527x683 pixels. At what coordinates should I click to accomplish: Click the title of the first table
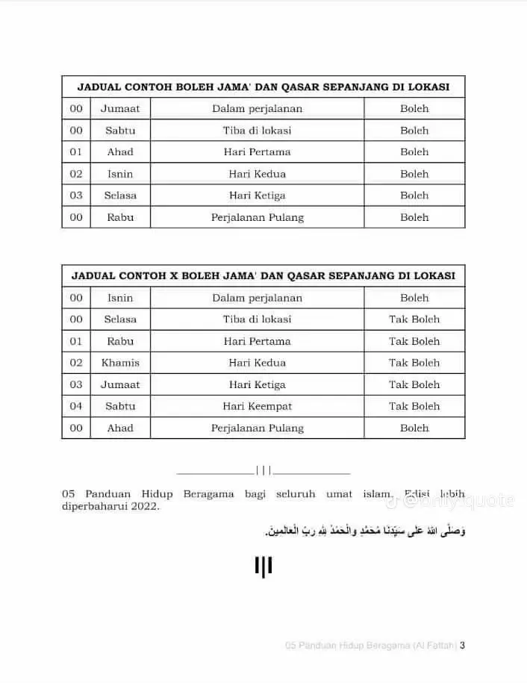(x=263, y=87)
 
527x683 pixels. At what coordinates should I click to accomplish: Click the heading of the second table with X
(x=263, y=275)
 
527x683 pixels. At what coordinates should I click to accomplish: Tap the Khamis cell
(x=120, y=363)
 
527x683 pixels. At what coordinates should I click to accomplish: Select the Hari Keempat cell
(x=257, y=406)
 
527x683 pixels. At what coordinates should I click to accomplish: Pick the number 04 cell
(x=76, y=406)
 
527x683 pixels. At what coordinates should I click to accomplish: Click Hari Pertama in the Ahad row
(x=257, y=152)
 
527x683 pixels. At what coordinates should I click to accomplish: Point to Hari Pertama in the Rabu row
(x=257, y=341)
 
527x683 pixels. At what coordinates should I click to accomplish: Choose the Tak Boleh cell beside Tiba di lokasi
(x=414, y=319)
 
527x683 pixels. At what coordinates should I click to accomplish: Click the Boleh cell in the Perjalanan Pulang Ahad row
(x=414, y=428)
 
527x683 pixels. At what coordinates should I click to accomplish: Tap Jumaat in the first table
(x=120, y=108)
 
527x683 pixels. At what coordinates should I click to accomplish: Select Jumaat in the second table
(x=120, y=384)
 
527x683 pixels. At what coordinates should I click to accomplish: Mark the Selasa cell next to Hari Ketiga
(x=120, y=196)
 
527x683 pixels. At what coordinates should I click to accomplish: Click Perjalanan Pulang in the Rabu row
(x=257, y=217)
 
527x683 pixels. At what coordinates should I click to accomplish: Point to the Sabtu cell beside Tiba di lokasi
(x=120, y=130)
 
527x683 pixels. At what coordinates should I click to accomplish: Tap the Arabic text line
(x=365, y=531)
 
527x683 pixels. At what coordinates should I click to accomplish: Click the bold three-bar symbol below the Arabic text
(x=263, y=567)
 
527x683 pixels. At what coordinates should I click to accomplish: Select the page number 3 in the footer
(x=463, y=646)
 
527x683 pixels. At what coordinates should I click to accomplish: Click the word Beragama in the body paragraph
(x=210, y=493)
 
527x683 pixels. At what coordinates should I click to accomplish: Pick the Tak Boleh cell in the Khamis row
(x=414, y=363)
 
